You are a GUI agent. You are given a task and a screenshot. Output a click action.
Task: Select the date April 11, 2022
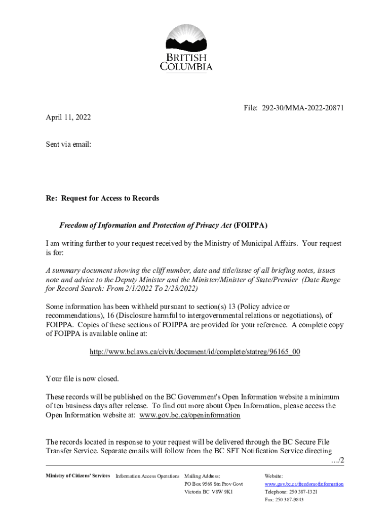coord(68,117)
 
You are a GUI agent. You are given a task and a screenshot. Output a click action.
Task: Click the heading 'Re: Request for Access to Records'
coord(102,198)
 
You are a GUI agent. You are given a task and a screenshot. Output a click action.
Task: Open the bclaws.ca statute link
coord(194,352)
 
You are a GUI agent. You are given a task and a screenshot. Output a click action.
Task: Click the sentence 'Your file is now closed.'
coord(82,378)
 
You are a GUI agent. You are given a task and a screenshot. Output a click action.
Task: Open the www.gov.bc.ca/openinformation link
coord(189,415)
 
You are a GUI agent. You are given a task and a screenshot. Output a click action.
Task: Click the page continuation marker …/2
coord(336,460)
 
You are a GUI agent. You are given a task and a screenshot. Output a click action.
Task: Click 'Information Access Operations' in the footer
coord(147,477)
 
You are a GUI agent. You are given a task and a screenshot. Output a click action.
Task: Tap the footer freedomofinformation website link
coord(304,484)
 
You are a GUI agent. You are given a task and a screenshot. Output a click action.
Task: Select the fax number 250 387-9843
coord(291,499)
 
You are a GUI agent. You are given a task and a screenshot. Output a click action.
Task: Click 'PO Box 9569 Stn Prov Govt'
coord(214,484)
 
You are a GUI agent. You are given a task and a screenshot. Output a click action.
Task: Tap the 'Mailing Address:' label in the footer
coord(202,477)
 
